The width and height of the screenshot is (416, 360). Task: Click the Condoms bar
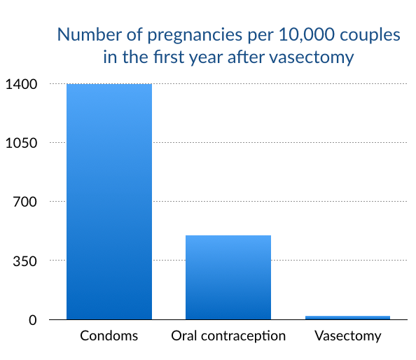(x=109, y=202)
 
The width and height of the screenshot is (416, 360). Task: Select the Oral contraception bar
(x=228, y=277)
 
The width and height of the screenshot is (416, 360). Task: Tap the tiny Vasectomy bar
(x=347, y=317)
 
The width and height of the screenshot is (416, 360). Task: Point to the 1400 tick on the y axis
(x=21, y=84)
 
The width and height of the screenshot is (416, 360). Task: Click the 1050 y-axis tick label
(x=21, y=143)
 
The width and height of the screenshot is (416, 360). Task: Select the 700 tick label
(x=25, y=202)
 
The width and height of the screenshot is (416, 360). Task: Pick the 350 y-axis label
(x=25, y=261)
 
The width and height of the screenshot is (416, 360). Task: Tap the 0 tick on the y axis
(x=33, y=320)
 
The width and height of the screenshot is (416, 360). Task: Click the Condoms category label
(x=109, y=335)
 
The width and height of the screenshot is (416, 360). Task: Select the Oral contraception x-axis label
(x=228, y=336)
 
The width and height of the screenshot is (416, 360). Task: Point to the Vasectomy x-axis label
(x=348, y=336)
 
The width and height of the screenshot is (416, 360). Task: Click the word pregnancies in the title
(x=195, y=36)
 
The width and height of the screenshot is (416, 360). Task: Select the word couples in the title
(x=370, y=36)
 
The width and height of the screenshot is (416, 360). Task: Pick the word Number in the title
(x=89, y=34)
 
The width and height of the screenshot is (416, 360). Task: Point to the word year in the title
(x=205, y=58)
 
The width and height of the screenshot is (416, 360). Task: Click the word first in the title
(x=169, y=57)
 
